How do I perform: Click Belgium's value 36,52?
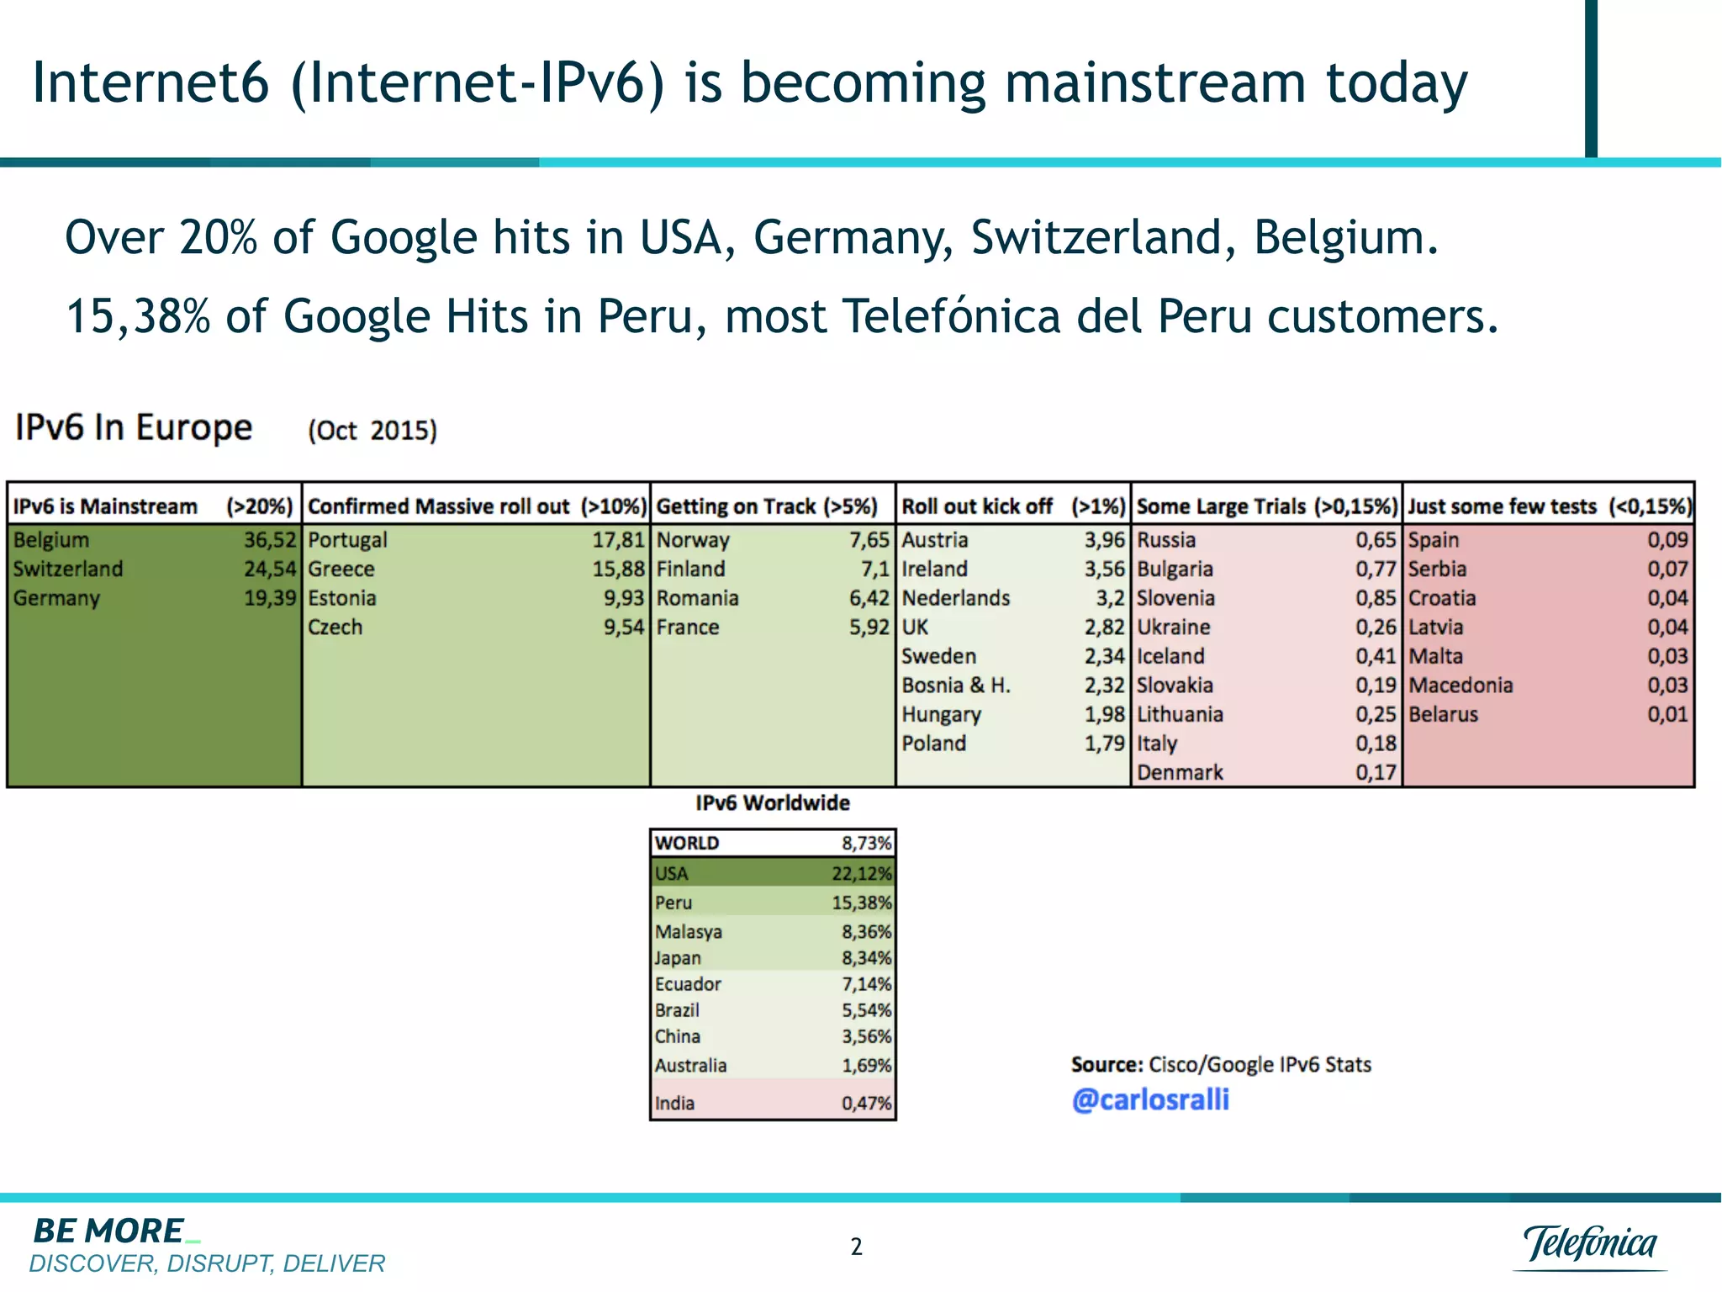pos(270,540)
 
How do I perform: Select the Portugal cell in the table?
pos(347,540)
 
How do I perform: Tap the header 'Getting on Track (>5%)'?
pos(766,506)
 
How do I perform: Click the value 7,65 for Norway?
pos(869,540)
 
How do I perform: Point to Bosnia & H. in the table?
pos(956,686)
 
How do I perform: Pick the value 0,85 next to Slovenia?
pos(1375,598)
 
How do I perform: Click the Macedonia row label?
pos(1461,686)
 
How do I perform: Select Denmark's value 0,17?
pos(1375,772)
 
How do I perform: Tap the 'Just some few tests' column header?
pos(1502,506)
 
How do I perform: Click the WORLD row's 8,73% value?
pos(866,843)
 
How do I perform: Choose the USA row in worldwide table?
pos(672,873)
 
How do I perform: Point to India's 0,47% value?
pos(866,1103)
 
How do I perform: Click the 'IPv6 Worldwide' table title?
pos(772,802)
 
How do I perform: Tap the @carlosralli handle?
pos(1150,1099)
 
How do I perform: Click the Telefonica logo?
pos(1589,1243)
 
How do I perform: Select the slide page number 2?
pos(856,1246)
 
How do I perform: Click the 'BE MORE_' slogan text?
pos(109,1231)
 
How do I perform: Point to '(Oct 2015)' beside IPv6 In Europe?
pos(372,430)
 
